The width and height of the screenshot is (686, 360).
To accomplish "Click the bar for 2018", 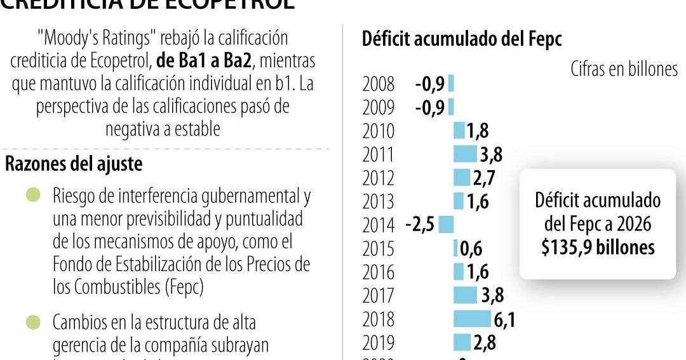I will [472, 319].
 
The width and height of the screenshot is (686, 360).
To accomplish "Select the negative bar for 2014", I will [446, 224].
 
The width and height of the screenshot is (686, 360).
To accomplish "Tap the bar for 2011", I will [465, 154].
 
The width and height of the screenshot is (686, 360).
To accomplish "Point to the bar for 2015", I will [455, 248].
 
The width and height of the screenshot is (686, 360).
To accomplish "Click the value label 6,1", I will [504, 319].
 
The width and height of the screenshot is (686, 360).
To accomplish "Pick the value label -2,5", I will [420, 225].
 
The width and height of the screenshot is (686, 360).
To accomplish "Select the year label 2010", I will [378, 131].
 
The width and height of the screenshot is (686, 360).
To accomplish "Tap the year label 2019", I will [378, 343].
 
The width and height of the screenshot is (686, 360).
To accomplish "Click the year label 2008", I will [378, 84].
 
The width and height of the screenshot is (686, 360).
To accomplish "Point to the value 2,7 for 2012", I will [484, 178].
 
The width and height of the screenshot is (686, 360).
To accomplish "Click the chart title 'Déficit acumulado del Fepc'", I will [462, 39].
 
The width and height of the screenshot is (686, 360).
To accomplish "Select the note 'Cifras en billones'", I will [624, 69].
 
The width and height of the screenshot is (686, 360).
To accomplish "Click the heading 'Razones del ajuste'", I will [74, 164].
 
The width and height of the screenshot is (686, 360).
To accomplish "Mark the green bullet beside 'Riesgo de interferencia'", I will [33, 195].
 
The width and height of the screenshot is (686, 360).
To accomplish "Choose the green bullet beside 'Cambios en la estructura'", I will [33, 322].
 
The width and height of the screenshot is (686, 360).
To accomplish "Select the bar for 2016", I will [459, 272].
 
